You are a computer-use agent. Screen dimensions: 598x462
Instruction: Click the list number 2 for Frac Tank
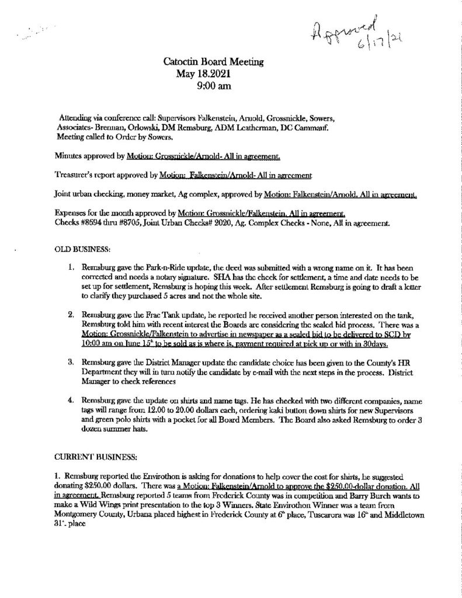[x=70, y=314]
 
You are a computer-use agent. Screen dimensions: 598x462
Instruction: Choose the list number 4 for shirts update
[x=70, y=398]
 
